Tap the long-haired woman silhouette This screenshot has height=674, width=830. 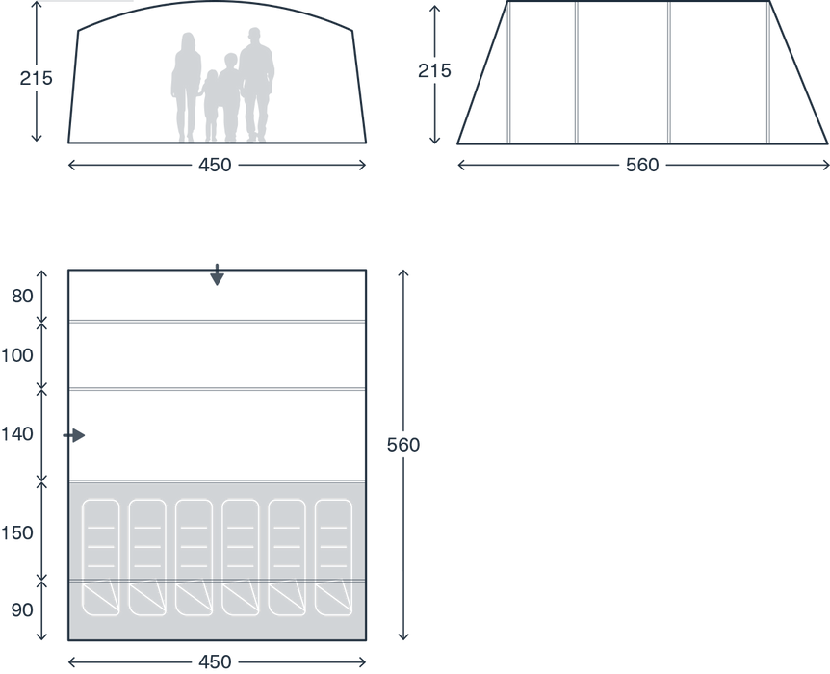pyautogui.click(x=186, y=82)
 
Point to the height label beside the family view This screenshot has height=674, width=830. pyautogui.click(x=37, y=78)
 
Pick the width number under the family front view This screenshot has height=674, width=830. pyautogui.click(x=217, y=166)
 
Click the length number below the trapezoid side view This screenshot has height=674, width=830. pyautogui.click(x=641, y=166)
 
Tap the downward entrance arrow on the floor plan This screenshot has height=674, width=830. pyautogui.click(x=218, y=275)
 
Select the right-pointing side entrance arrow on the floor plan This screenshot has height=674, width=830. pyautogui.click(x=74, y=436)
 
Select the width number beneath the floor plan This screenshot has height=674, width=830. pyautogui.click(x=217, y=661)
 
